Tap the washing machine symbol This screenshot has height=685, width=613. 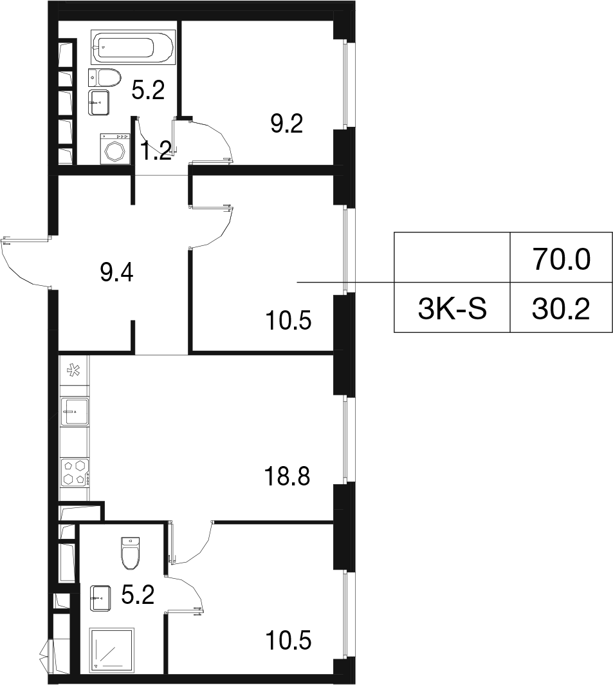point(116,149)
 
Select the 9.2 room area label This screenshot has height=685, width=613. point(287,125)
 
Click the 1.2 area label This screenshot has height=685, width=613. point(156,152)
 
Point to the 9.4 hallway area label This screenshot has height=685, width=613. point(116,274)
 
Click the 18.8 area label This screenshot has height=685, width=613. point(287,476)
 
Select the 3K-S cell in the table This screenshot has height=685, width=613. point(452,308)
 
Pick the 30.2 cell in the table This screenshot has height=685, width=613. point(561,308)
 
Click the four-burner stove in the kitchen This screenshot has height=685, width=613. point(75,472)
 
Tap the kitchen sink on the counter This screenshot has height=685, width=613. point(75,411)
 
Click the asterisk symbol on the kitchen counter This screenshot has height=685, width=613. point(73,371)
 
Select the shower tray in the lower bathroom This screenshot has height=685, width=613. point(111,650)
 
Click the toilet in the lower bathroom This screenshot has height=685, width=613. point(131,554)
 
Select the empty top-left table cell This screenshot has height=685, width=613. point(452,258)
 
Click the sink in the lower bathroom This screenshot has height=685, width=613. point(100,598)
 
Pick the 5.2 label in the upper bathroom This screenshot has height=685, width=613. point(148,91)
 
